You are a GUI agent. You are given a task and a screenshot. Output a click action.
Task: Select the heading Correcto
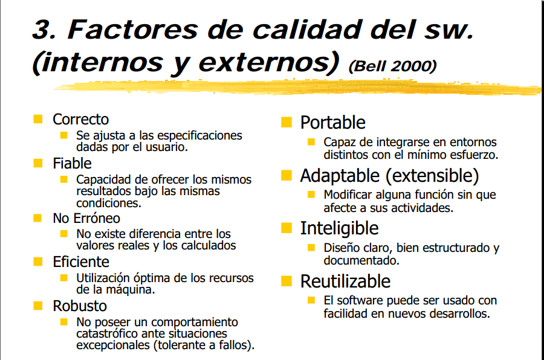click(80, 120)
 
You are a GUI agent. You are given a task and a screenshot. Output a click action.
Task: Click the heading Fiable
click(72, 164)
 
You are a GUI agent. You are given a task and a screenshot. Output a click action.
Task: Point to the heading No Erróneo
click(86, 218)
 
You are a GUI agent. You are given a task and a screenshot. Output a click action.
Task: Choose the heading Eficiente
click(81, 262)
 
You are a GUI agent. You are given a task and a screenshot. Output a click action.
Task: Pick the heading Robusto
click(80, 306)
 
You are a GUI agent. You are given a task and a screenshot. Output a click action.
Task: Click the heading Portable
click(332, 123)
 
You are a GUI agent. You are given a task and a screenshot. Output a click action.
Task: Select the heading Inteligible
click(339, 228)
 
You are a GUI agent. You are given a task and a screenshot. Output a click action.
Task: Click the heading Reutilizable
click(345, 281)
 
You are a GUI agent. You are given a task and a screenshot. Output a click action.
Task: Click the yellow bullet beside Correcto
click(38, 119)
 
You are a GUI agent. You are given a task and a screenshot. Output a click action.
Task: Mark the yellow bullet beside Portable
click(286, 123)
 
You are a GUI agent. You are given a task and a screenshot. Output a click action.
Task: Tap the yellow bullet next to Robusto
click(38, 306)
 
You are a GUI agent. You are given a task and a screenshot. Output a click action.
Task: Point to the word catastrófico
click(108, 333)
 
